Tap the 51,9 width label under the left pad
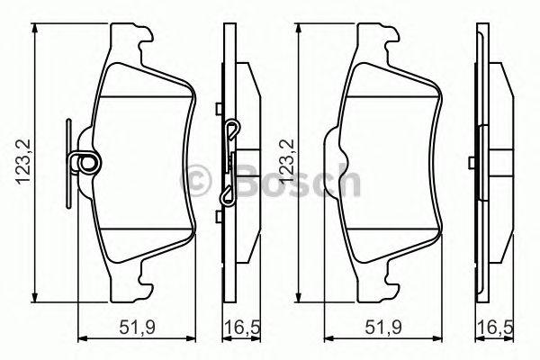point(138,328)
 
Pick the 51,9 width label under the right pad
point(383,328)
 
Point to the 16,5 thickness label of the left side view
point(242,328)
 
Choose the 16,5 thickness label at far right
point(495,328)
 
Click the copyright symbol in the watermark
point(195,181)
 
